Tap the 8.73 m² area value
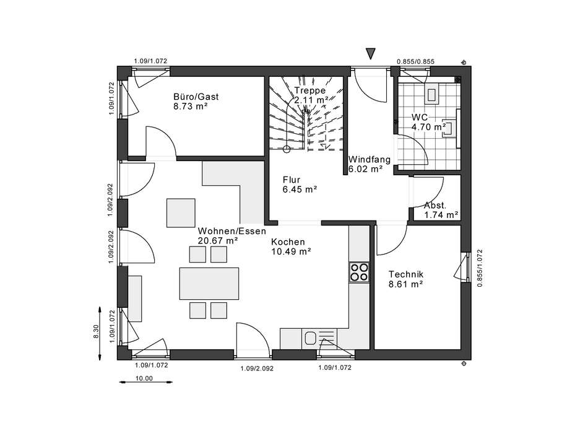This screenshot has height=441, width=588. (191, 106)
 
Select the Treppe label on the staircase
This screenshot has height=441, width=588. (309, 90)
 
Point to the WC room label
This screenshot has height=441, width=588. (419, 118)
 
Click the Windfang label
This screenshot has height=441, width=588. (370, 160)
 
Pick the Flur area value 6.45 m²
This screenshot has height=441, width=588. (300, 190)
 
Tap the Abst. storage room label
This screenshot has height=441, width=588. (435, 206)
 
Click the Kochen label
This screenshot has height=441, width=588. (288, 242)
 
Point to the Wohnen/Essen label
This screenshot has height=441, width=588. (231, 231)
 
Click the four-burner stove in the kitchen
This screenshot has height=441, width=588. (359, 273)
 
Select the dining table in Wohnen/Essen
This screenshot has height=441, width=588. (209, 283)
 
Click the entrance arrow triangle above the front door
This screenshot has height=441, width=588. (371, 54)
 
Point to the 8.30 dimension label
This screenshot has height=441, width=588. (96, 332)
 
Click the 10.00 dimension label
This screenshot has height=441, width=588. (144, 378)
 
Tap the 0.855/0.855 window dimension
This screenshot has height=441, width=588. (415, 61)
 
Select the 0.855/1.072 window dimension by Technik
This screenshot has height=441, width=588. (480, 268)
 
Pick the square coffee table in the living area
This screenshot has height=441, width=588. (181, 213)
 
